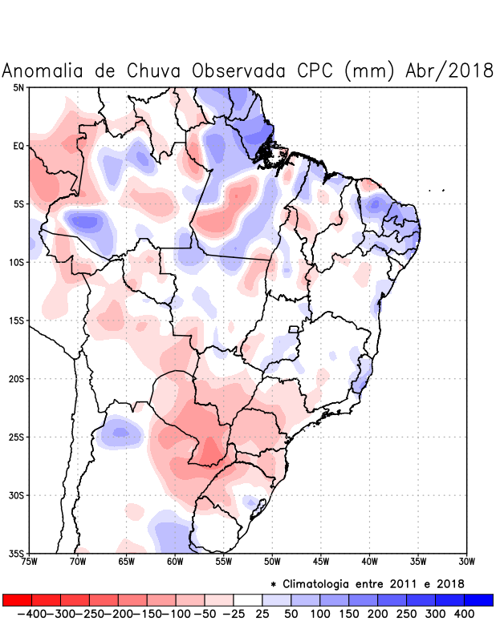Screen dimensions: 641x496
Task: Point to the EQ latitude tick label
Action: pos(18,146)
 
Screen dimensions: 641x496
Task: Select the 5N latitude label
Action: pos(18,87)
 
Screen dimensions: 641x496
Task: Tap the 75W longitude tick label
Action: pos(30,562)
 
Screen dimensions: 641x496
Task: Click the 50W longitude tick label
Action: pos(272,562)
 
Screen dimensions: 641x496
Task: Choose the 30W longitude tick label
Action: pos(466,562)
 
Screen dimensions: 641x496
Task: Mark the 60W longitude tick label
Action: pos(175,562)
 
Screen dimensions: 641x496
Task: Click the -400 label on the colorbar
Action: pos(32,613)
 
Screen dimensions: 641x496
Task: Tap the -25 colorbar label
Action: pos(234,613)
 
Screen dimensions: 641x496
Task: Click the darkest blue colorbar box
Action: pos(478,599)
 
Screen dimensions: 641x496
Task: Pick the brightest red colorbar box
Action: pos(17,599)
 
